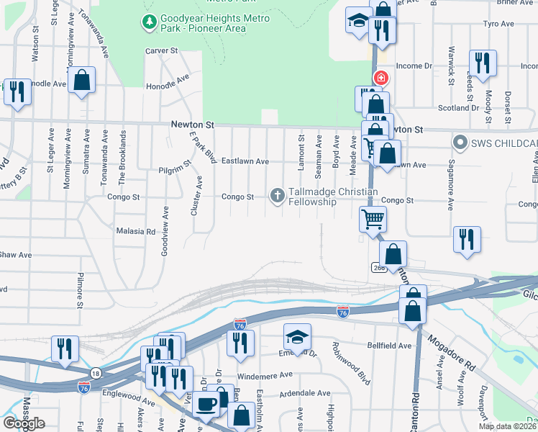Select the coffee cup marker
point(206,405)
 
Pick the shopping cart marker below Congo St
point(373,218)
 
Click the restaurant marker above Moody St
point(483,63)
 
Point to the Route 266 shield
point(379,267)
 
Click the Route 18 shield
point(96,372)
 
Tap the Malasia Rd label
point(135,232)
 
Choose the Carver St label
point(161,51)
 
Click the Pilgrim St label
point(175,172)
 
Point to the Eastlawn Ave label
point(245,161)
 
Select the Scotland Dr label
point(459,108)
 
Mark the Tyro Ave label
point(498,24)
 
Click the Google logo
point(24,423)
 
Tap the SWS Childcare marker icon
point(458,142)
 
